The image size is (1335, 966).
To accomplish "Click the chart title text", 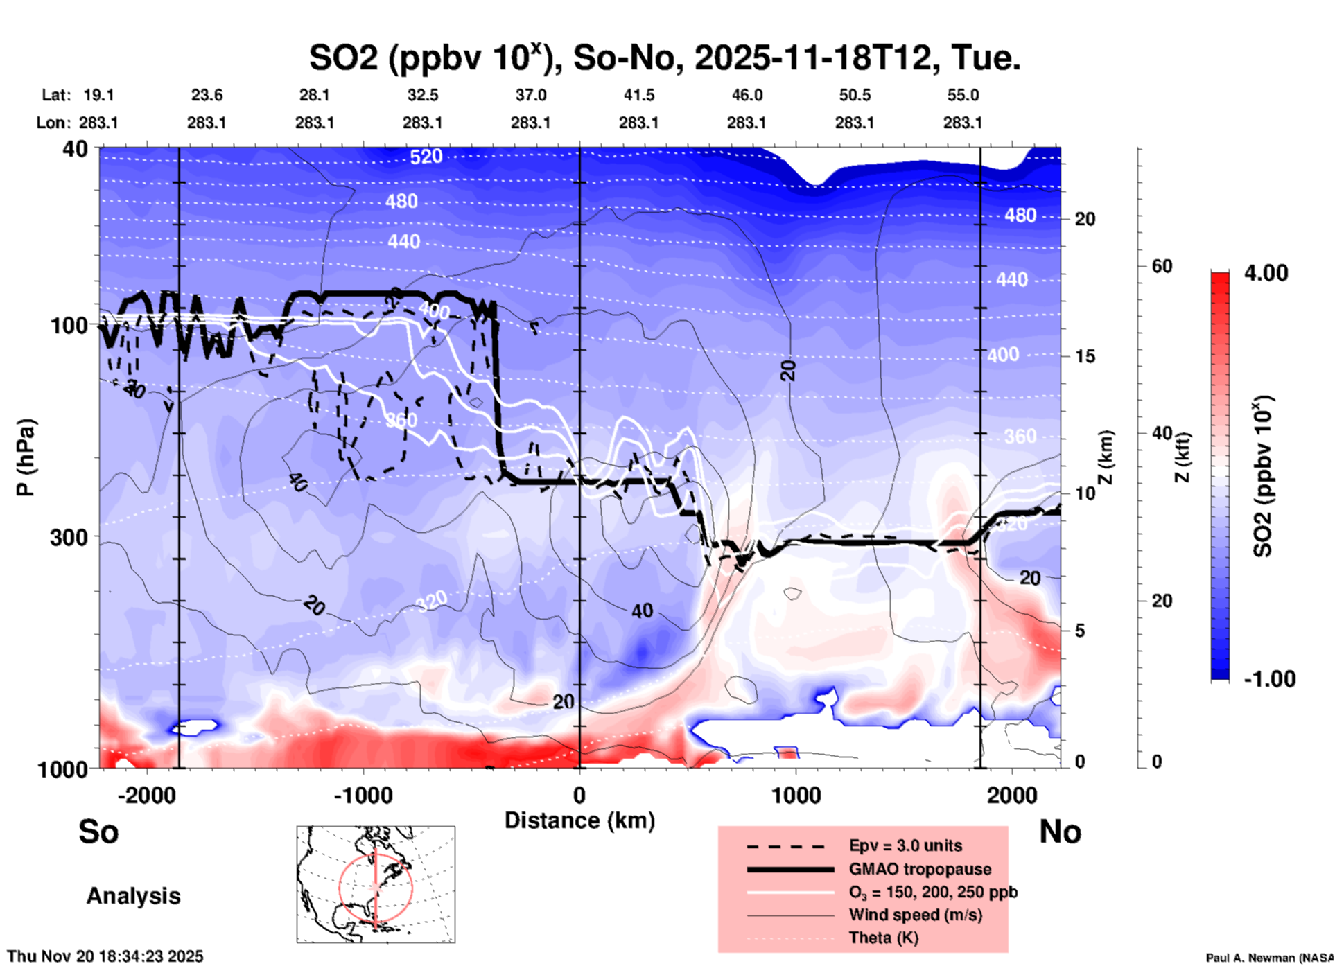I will [x=664, y=58].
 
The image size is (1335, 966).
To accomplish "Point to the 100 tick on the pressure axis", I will [x=69, y=325].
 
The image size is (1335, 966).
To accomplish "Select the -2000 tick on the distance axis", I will [x=146, y=795].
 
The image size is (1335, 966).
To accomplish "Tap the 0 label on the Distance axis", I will [x=579, y=795].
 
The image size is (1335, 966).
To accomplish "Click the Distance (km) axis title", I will [x=579, y=820].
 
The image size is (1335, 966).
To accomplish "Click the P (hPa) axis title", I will [x=26, y=457].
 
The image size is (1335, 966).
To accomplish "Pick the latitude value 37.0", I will [x=530, y=95].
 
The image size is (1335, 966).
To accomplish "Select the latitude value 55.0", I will [x=963, y=95].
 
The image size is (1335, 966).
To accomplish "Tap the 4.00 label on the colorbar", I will [x=1266, y=273].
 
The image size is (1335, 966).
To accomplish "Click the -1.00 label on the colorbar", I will [x=1269, y=678].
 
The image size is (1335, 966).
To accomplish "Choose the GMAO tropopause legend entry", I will [x=920, y=869].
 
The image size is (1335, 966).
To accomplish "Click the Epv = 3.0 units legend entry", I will [x=905, y=846].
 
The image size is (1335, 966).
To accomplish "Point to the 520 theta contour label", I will [x=426, y=157].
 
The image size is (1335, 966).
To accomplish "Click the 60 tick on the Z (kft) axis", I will [x=1162, y=266].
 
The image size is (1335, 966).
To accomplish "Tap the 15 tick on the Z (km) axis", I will [x=1085, y=356].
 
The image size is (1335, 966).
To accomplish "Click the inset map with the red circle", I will [x=376, y=884].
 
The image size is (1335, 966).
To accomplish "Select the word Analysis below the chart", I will [x=133, y=896].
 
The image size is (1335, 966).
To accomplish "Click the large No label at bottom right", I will [x=1060, y=832].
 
